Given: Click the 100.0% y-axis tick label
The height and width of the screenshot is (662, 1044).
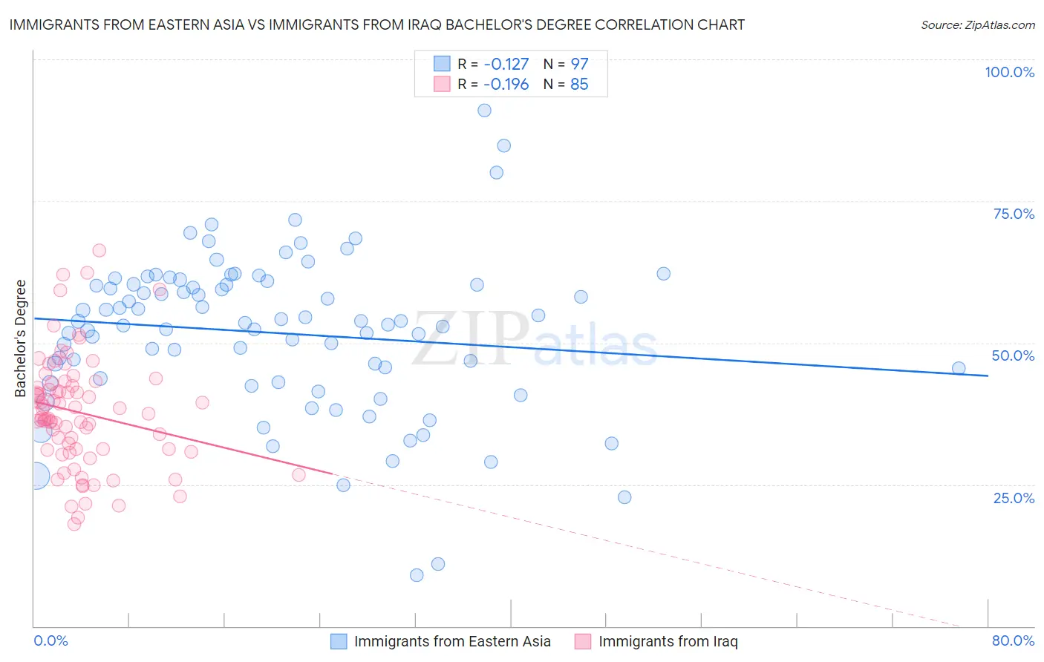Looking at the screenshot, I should pos(1009,72).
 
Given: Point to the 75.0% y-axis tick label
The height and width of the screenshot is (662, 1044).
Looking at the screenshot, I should pos(1014,214).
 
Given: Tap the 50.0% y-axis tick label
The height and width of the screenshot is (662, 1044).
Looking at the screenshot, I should pos(1013,355).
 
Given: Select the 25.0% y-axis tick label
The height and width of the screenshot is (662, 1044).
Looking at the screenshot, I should pos(1014,497).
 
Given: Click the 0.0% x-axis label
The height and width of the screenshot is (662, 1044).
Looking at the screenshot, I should pos(50,640).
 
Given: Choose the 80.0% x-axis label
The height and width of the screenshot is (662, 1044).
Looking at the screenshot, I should pos(1013,640).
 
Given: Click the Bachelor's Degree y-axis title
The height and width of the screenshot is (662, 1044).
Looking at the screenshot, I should pos(21,338).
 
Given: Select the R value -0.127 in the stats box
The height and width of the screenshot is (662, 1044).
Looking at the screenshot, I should pos(506,64).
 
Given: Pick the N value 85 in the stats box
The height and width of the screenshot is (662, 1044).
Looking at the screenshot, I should pos(579,85).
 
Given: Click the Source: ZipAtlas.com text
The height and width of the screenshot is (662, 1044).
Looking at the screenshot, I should pos(977,25).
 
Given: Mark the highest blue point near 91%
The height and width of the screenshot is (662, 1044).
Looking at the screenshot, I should pos(484,111).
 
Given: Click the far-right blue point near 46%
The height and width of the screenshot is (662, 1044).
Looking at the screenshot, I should pos(959,368).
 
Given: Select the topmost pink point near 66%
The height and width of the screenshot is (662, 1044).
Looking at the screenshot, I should pos(99,251).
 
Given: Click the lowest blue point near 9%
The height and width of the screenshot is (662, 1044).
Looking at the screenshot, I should pos(417,575).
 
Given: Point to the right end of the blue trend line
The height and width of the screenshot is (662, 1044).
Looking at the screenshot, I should pos(988,376).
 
